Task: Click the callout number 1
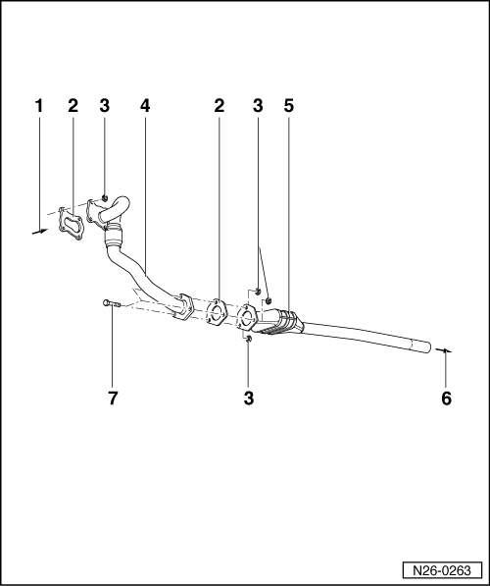[39, 105]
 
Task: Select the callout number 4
[145, 105]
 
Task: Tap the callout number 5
[288, 105]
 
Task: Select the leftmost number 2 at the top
[73, 105]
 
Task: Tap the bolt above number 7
[108, 303]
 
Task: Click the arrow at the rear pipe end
[443, 350]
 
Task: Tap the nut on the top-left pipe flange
[104, 198]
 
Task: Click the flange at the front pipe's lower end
[182, 309]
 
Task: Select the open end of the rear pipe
[428, 346]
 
